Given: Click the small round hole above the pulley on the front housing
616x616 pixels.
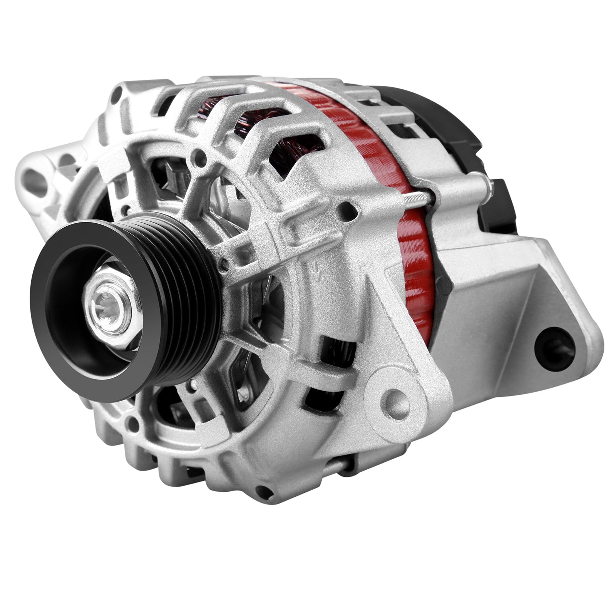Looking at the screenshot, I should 199,157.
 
